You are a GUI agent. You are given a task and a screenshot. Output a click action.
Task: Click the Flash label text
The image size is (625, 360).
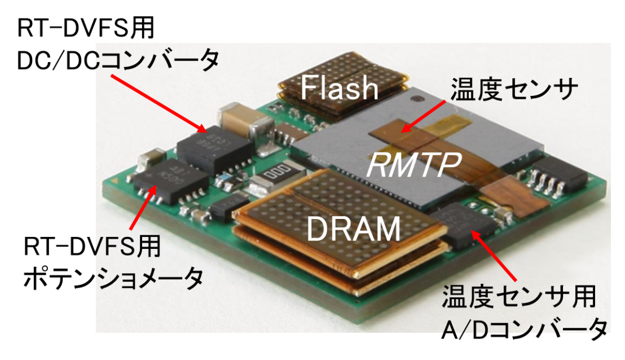point(339,88)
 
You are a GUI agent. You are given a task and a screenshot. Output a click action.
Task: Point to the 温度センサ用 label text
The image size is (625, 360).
point(519,296)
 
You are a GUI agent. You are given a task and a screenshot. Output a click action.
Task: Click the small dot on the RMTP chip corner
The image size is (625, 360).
point(417,99)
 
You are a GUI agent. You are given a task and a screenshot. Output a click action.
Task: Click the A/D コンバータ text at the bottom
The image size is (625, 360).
point(525,327)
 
